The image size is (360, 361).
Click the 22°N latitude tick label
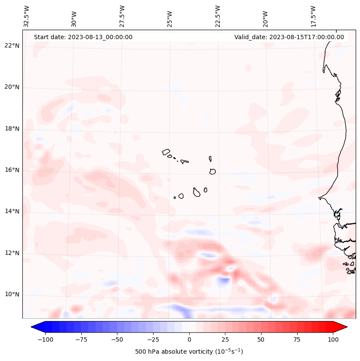(12, 46)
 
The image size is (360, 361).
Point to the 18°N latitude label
(12, 129)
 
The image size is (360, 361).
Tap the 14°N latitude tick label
(12, 211)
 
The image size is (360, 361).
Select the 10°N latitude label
(12, 294)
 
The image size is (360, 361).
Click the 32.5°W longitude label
(27, 16)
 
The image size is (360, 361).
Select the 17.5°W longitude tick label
(313, 16)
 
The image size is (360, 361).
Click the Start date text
(83, 37)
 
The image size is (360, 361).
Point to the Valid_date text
(289, 37)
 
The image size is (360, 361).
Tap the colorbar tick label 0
(189, 339)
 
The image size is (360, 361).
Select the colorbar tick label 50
(261, 339)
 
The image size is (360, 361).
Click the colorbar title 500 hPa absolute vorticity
(189, 352)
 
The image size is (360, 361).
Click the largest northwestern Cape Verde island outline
(166, 151)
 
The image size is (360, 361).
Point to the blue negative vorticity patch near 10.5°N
(223, 282)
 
